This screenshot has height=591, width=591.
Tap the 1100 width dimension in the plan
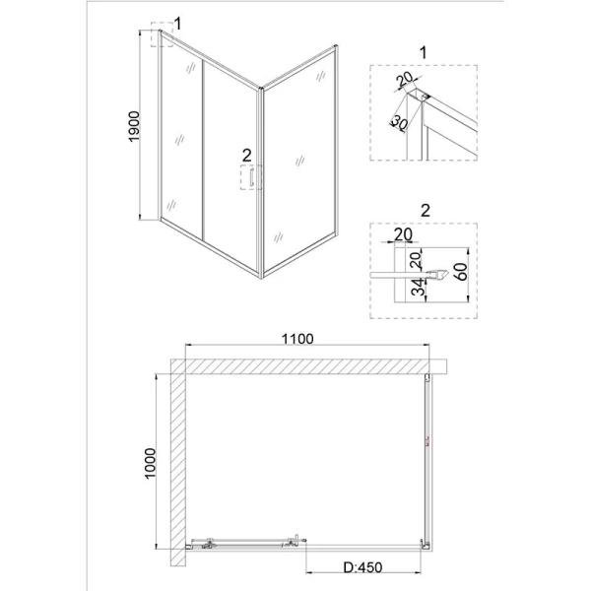295,338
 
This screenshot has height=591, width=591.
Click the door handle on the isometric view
253,178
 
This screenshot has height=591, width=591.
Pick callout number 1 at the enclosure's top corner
177,23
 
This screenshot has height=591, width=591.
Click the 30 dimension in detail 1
400,123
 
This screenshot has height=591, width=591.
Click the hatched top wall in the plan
305,366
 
